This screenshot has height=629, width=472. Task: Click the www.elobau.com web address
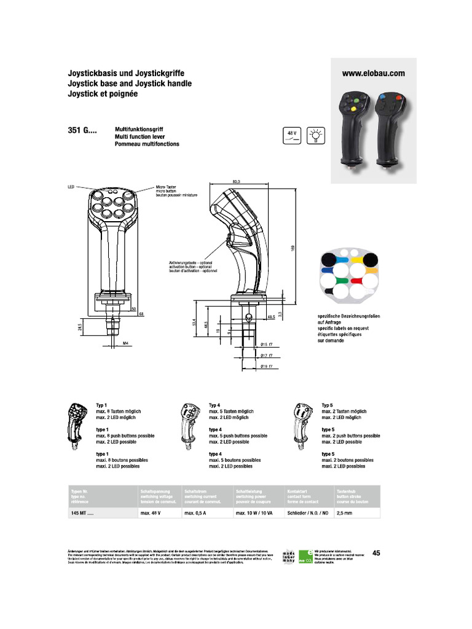click(373, 72)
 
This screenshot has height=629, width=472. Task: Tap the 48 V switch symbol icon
click(291, 136)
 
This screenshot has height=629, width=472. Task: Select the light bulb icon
click(316, 136)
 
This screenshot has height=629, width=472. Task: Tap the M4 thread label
click(126, 342)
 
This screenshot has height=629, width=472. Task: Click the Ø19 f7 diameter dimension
click(266, 367)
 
